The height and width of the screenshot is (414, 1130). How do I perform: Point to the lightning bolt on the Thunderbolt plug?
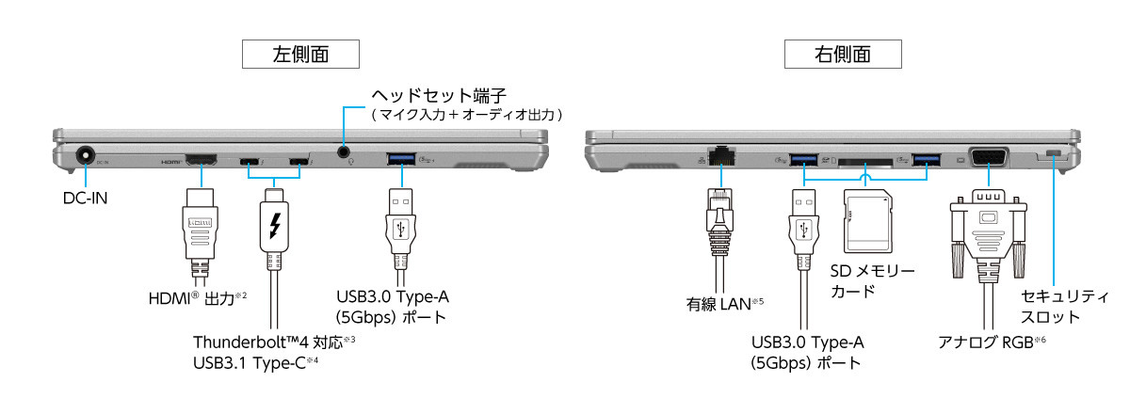[275, 227]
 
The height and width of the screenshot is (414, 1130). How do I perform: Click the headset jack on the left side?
[344, 151]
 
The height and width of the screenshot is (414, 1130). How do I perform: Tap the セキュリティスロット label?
[1065, 306]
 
